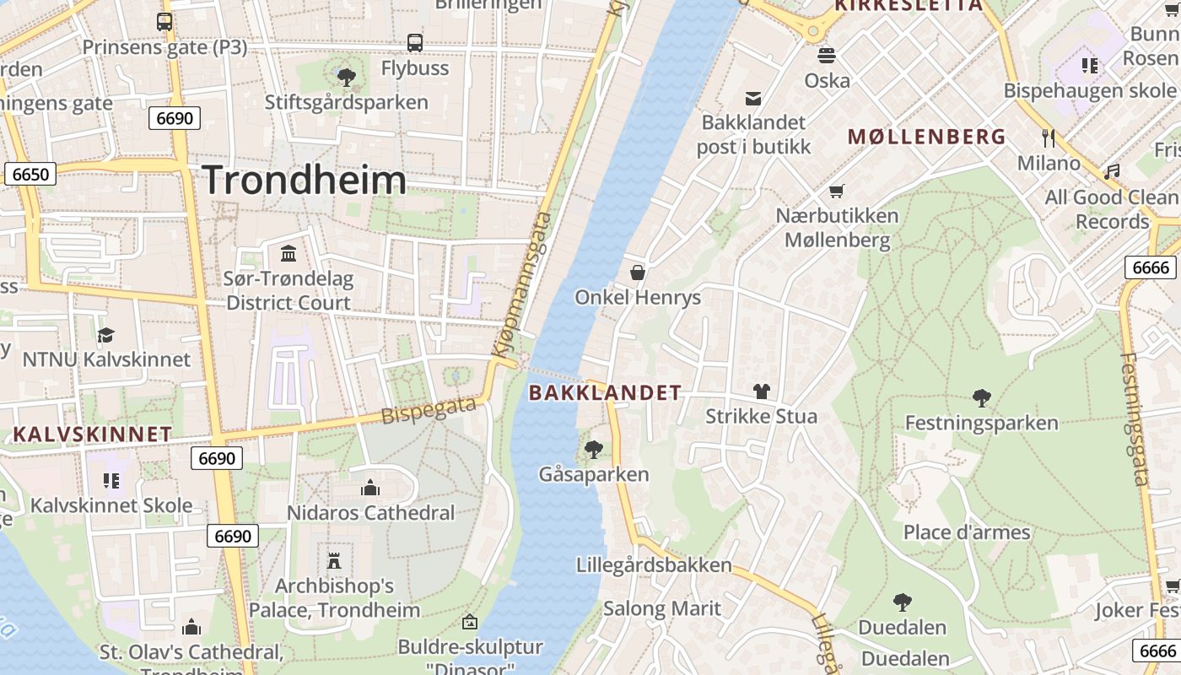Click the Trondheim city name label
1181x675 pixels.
(304, 181)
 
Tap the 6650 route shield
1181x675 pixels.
(30, 175)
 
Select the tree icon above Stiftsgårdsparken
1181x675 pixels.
(346, 78)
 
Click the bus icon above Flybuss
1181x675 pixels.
(414, 43)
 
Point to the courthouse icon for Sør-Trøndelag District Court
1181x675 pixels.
(289, 253)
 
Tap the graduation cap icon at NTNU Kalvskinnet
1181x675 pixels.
(105, 335)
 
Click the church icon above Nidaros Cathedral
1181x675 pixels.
(369, 488)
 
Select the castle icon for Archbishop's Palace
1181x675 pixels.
(334, 560)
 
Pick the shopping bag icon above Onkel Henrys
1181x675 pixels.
(638, 273)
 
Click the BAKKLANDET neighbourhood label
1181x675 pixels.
(604, 392)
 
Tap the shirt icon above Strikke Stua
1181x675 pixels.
(761, 391)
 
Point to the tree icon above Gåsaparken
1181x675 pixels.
(594, 449)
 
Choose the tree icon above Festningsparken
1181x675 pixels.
(981, 397)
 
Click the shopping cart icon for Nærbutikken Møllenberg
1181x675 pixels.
(836, 191)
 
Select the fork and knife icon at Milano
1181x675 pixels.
(1049, 138)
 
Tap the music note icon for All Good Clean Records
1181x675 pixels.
(1112, 171)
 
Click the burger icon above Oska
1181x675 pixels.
(826, 56)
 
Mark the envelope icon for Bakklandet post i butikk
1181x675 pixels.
(752, 99)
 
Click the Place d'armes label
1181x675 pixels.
(967, 532)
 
